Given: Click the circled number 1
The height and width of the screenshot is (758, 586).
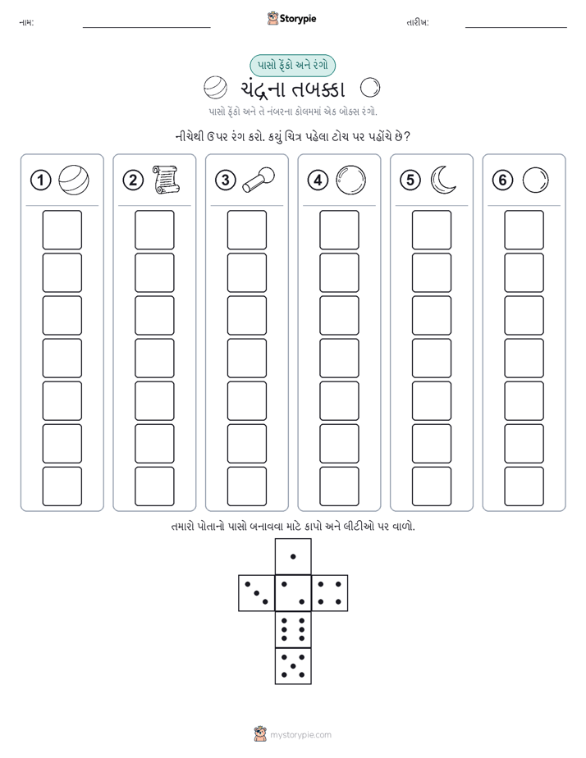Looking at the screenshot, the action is pyautogui.click(x=40, y=180).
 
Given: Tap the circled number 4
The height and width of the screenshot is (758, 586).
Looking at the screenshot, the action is pyautogui.click(x=318, y=180).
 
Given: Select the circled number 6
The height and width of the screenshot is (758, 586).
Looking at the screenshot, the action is pyautogui.click(x=502, y=180).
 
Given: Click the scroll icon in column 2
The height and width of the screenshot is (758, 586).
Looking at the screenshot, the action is pyautogui.click(x=166, y=180).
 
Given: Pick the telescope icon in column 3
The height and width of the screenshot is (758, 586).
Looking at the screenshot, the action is pyautogui.click(x=259, y=180).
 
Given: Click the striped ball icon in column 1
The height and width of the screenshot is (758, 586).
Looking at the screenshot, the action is pyautogui.click(x=74, y=180).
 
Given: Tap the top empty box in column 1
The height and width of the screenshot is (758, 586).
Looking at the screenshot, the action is pyautogui.click(x=62, y=230).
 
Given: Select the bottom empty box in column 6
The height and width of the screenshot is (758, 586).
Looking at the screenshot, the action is pyautogui.click(x=524, y=486).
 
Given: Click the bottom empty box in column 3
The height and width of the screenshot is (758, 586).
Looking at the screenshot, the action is pyautogui.click(x=246, y=486).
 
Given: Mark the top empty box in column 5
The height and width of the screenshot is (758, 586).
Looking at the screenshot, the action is pyautogui.click(x=432, y=230).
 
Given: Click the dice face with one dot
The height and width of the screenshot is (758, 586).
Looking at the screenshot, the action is pyautogui.click(x=293, y=556).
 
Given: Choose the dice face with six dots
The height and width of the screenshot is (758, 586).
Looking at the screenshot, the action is pyautogui.click(x=293, y=630).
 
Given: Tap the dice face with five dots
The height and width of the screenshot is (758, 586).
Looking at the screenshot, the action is pyautogui.click(x=293, y=666).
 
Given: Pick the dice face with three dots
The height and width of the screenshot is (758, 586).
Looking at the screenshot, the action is pyautogui.click(x=257, y=593).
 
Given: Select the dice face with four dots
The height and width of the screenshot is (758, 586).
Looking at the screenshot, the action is pyautogui.click(x=330, y=593).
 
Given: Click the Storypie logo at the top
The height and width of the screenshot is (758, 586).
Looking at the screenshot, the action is pyautogui.click(x=291, y=19).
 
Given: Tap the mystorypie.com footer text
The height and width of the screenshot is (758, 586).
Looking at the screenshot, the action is pyautogui.click(x=300, y=735).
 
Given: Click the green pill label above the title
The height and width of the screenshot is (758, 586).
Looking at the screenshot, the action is pyautogui.click(x=292, y=66).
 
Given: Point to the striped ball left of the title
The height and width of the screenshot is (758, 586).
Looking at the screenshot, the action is pyautogui.click(x=215, y=89).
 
